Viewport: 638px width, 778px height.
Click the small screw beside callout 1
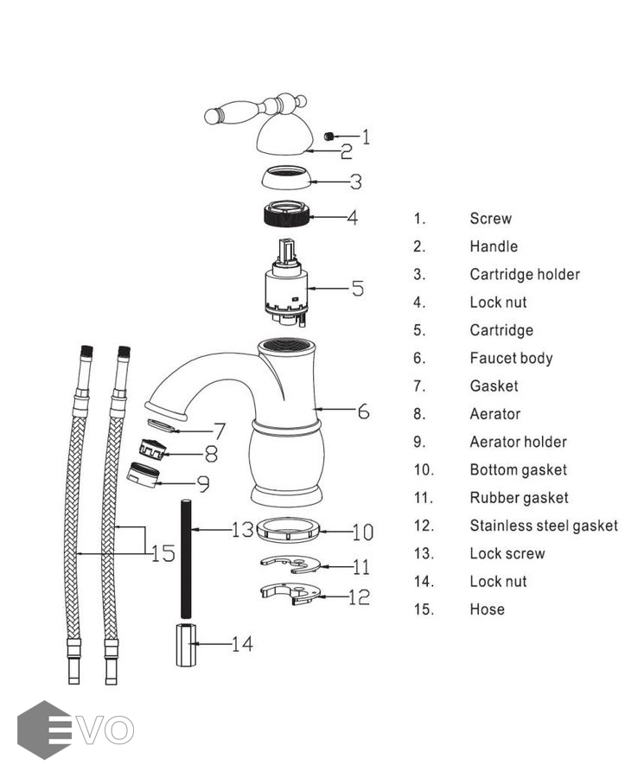(329, 136)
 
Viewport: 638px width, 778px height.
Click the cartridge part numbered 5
(284, 290)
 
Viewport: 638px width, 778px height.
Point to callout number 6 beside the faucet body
(363, 411)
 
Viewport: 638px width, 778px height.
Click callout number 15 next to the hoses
(163, 552)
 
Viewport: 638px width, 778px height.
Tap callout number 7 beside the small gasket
(220, 430)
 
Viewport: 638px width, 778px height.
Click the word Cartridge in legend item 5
(501, 330)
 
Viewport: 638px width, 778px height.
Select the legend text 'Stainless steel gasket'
(544, 526)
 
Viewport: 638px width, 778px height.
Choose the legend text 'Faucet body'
(511, 358)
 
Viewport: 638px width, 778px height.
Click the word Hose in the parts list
(487, 609)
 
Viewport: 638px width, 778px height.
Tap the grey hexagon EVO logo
(43, 730)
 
